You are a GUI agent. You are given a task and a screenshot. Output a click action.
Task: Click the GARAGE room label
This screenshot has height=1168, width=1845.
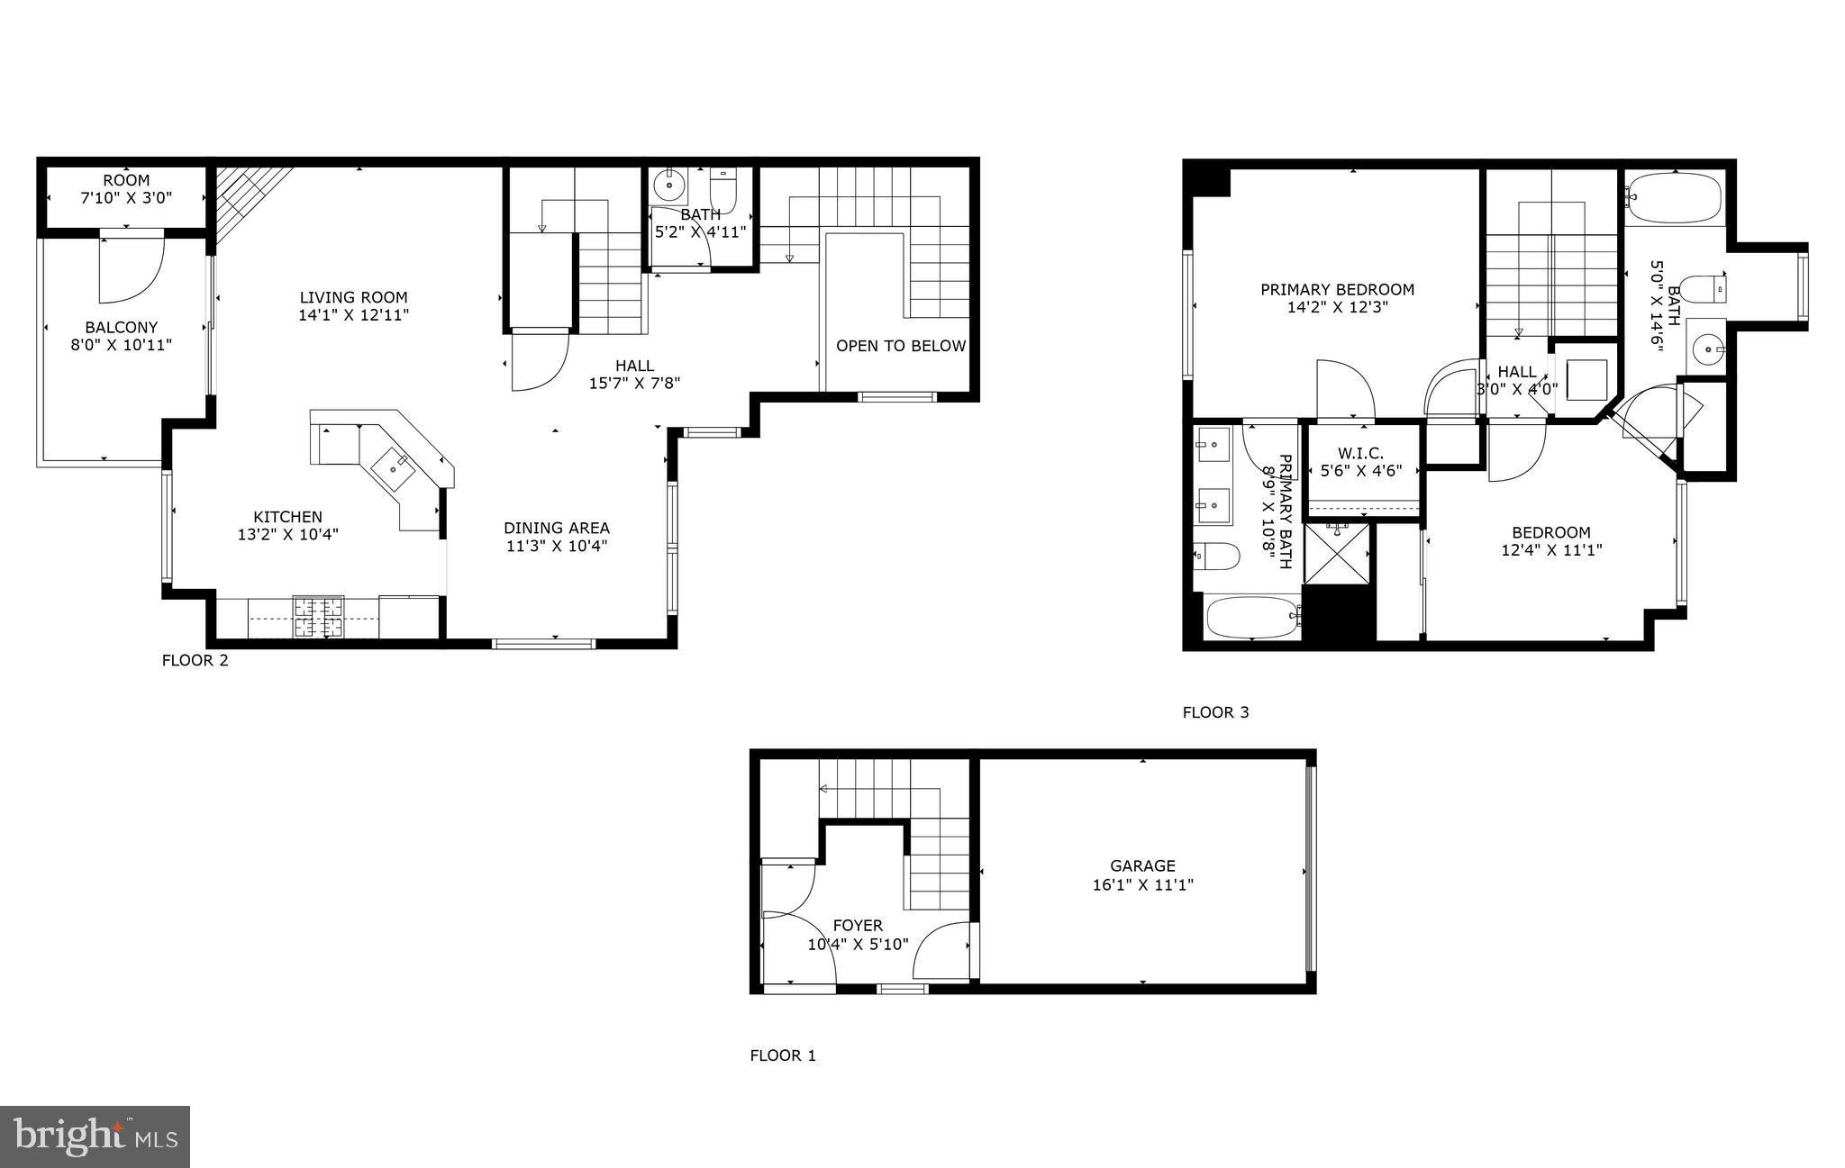click(1142, 866)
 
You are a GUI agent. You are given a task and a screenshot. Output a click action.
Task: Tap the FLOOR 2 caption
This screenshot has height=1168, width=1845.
click(195, 661)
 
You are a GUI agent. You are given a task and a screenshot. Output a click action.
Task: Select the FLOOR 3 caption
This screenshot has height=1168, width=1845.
click(1215, 713)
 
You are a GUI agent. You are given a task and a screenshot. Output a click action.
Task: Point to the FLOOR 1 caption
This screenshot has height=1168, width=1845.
click(783, 1055)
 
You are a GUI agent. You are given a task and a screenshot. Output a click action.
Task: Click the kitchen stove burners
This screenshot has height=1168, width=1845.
click(318, 617)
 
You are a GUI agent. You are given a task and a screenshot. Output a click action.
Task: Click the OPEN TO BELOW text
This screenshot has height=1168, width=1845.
click(900, 346)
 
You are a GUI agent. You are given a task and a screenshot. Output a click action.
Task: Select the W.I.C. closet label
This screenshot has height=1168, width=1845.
click(1360, 453)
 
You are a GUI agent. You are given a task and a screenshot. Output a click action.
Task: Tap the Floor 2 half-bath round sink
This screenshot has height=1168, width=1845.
click(668, 186)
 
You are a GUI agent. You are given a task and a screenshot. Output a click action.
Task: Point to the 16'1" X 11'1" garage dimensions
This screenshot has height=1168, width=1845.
click(1142, 885)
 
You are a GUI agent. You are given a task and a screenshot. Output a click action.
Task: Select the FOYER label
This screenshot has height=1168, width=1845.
click(858, 926)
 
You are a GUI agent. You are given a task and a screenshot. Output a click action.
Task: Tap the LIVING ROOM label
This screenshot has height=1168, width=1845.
click(353, 297)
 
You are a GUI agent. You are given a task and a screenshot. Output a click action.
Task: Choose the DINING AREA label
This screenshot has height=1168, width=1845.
click(556, 528)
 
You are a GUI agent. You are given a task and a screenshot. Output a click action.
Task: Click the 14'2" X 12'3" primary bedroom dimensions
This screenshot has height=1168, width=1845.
click(1337, 307)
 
